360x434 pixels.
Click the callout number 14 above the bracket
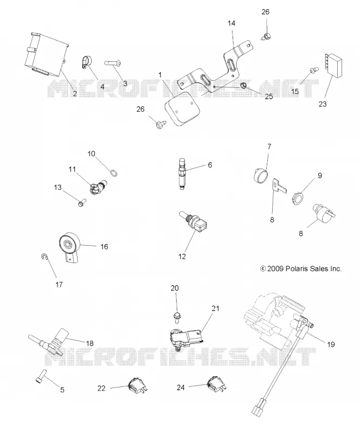[x=232, y=23]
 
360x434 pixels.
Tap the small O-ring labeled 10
[x=113, y=174]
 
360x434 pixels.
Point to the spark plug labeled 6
[x=182, y=174]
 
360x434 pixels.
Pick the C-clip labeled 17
[x=44, y=257]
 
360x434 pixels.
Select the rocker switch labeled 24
[x=216, y=384]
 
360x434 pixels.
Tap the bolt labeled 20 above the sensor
[x=176, y=317]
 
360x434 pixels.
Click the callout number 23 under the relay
[x=323, y=104]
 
